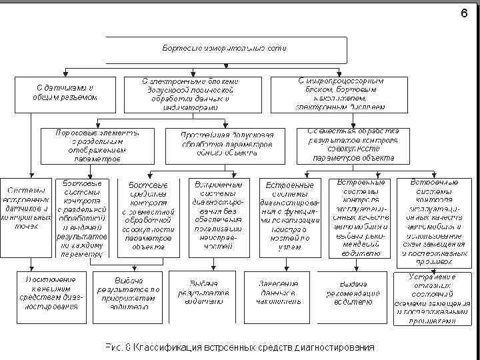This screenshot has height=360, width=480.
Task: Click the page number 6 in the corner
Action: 464,13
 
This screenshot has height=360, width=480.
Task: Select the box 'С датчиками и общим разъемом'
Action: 65,92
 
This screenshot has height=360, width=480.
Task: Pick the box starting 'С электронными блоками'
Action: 189,93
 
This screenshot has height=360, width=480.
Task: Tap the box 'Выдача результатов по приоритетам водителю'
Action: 127,293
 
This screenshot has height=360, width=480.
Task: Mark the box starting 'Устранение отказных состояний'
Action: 425,297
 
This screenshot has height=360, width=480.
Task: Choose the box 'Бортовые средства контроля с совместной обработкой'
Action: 148,217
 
